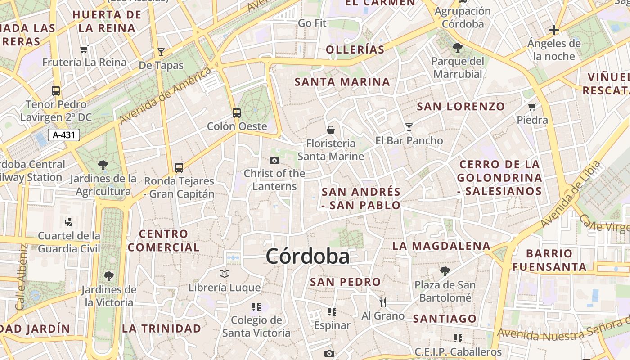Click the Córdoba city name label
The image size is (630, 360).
pos(307,256)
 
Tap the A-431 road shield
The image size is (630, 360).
pos(63,135)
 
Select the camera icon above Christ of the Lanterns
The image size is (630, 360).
pos(274,160)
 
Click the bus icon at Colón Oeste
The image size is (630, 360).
pos(237,113)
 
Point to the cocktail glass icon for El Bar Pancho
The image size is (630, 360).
pos(409,127)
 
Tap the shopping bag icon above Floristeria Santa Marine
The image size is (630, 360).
pos(331,130)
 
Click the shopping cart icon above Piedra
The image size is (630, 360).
pos(532,107)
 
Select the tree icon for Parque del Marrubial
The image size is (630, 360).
pos(458,47)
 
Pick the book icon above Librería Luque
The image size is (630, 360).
pos(225,274)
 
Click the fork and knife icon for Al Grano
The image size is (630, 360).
pos(383,302)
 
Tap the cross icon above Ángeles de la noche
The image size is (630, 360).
pos(554,30)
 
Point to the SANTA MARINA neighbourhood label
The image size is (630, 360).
pos(342,82)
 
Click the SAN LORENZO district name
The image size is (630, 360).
pos(461,107)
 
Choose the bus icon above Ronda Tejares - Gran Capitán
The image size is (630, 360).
pos(179,168)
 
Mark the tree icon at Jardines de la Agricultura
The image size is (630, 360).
pos(103,165)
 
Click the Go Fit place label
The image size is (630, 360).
pos(312,23)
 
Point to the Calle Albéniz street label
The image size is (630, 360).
pos(22,277)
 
